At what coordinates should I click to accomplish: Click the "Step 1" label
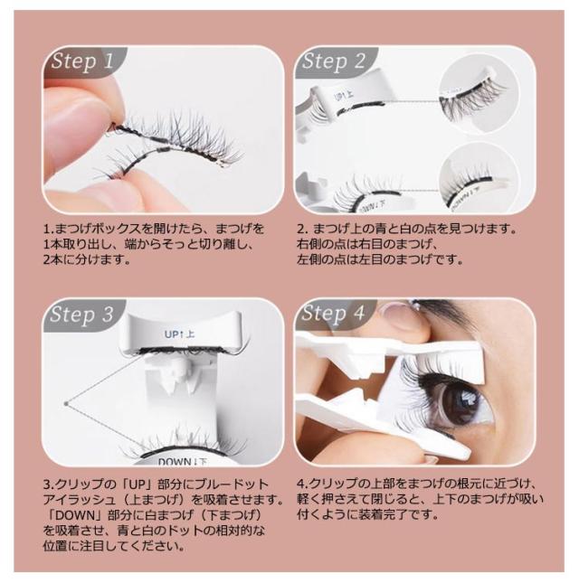tap(82, 61)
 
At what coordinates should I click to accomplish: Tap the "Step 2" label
tap(334, 61)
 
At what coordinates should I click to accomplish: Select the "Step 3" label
tap(81, 315)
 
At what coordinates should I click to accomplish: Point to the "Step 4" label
tap(334, 314)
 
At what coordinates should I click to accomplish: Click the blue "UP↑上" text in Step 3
tap(180, 334)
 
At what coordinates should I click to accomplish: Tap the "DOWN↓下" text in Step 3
tap(183, 462)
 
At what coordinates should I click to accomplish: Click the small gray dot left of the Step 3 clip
tap(66, 404)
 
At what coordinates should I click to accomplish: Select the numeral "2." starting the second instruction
tap(302, 229)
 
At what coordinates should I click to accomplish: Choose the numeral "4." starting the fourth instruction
tap(302, 484)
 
